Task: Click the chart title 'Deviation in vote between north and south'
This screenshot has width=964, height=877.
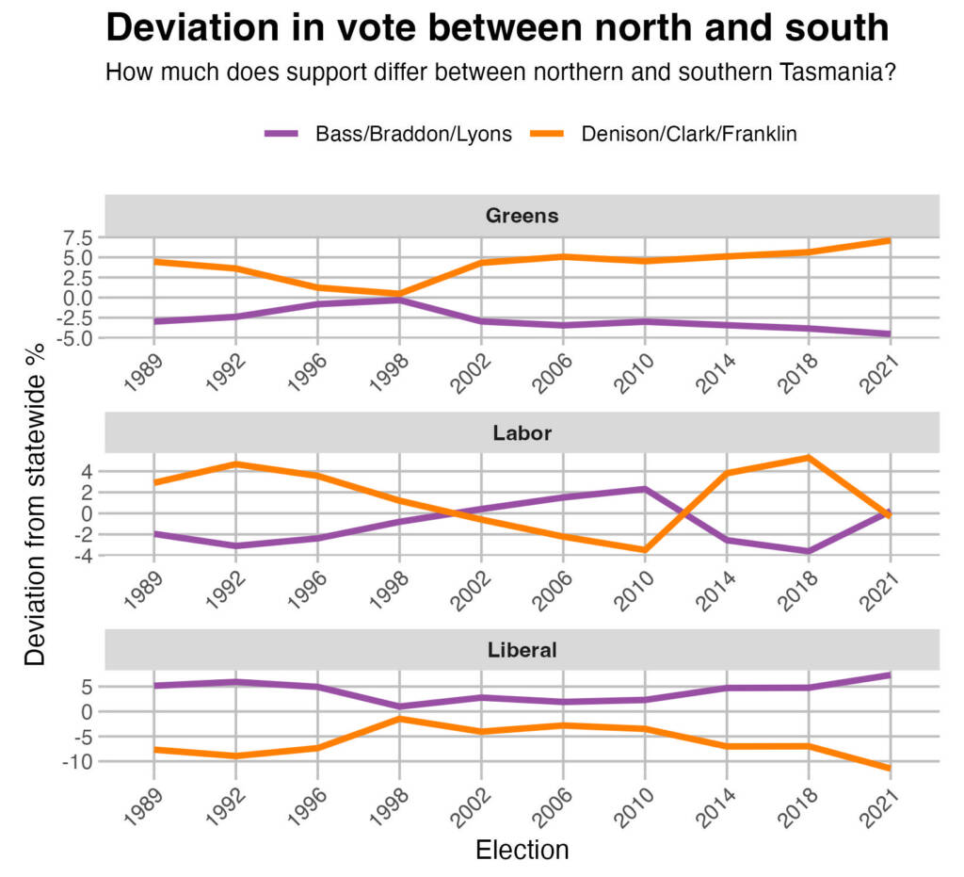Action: tap(497, 27)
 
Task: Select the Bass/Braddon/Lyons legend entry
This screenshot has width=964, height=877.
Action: tap(413, 134)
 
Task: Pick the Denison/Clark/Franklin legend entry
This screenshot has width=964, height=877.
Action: tap(689, 134)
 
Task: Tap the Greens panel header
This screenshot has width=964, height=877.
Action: tap(522, 216)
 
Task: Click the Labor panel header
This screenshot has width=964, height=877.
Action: tap(522, 433)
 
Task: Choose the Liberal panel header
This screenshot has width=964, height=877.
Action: tap(522, 650)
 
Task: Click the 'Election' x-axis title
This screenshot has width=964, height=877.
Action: tap(522, 851)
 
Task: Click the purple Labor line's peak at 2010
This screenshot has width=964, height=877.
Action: tap(644, 489)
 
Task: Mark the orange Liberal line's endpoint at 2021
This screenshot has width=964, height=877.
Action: tap(889, 769)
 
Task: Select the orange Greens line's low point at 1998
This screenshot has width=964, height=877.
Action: tap(399, 293)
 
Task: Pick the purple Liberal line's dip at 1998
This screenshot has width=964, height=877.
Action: tap(399, 706)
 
